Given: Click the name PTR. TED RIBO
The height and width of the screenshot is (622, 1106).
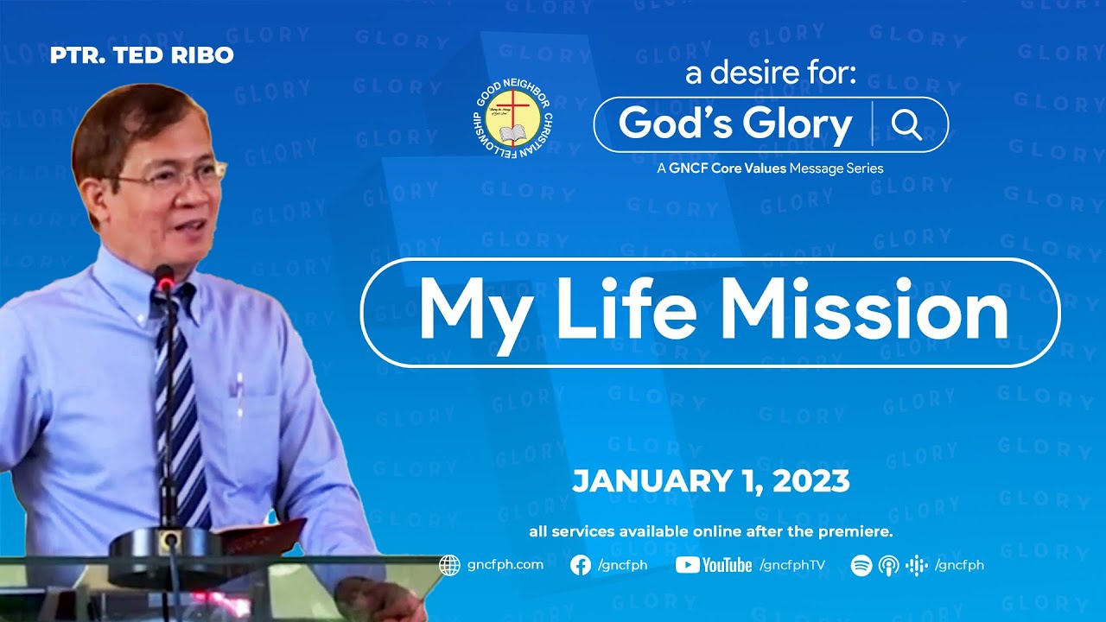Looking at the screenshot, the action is click(142, 54).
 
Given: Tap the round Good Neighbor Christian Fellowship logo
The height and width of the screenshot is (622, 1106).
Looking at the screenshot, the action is click(512, 119).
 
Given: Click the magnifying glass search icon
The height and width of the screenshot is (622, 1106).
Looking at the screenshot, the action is click(906, 125).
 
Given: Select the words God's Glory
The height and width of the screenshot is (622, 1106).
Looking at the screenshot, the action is click(735, 124).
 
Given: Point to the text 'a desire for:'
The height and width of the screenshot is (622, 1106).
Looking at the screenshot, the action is click(770, 73).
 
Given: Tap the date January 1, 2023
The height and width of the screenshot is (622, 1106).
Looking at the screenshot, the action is click(711, 481).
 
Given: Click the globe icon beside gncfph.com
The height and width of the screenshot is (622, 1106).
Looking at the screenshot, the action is click(449, 565).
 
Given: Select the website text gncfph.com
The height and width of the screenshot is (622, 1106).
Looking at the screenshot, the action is click(505, 565).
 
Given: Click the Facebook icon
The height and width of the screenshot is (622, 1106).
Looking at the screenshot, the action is click(580, 565).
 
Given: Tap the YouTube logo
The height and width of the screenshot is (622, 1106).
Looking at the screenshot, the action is click(714, 565).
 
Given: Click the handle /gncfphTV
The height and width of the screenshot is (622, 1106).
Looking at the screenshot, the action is click(792, 565).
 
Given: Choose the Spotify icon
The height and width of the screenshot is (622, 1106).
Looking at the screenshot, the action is click(861, 565).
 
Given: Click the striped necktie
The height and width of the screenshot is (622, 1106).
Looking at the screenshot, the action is click(181, 405).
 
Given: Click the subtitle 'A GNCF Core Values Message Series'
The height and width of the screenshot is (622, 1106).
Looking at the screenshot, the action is click(770, 168).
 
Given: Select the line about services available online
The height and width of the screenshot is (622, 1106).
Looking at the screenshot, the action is click(711, 531).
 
